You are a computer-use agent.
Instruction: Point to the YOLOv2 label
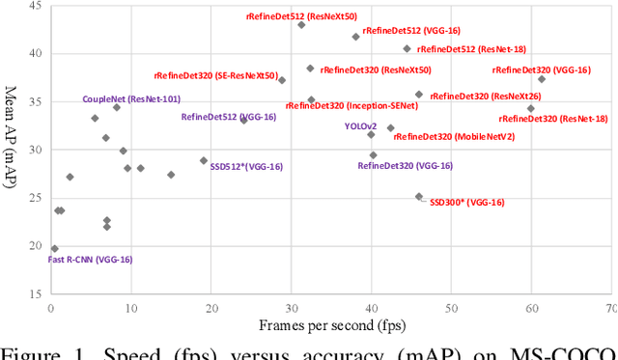click(360, 126)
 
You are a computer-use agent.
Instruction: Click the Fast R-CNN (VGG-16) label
click(91, 260)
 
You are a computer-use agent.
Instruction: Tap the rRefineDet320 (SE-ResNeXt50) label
click(216, 76)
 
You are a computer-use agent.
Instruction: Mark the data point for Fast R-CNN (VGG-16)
click(54, 248)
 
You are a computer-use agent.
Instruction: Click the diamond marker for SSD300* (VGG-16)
click(418, 197)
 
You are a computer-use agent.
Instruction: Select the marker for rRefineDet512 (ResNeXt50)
click(301, 25)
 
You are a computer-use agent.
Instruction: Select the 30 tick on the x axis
click(291, 307)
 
